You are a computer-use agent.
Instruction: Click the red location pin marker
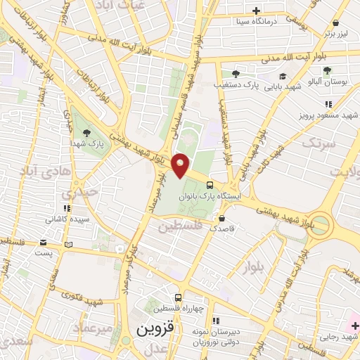(181, 165)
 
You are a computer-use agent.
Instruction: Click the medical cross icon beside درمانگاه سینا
(256, 11)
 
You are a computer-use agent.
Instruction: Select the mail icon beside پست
(68, 244)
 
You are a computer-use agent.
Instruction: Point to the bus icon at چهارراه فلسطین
(179, 298)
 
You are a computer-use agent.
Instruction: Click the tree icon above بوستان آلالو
(327, 70)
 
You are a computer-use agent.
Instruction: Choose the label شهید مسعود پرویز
(328, 114)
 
